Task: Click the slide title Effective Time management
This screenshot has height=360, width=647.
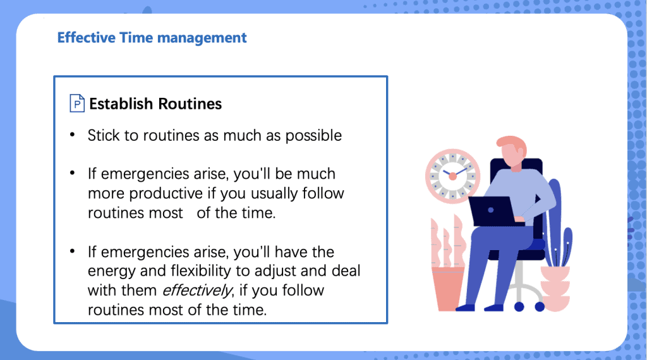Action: [x=152, y=38]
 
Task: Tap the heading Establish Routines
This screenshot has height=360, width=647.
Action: [x=155, y=104]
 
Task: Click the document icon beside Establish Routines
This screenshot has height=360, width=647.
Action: [x=76, y=104]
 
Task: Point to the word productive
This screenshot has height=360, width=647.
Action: [x=167, y=193]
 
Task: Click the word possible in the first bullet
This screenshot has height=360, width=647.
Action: [x=313, y=136]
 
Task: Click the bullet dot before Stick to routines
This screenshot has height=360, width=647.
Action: [x=73, y=135]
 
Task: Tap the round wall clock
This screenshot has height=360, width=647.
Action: [x=452, y=176]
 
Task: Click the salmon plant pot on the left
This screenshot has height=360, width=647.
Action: [x=448, y=288]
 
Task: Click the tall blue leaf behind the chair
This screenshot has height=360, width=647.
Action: [x=554, y=215]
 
